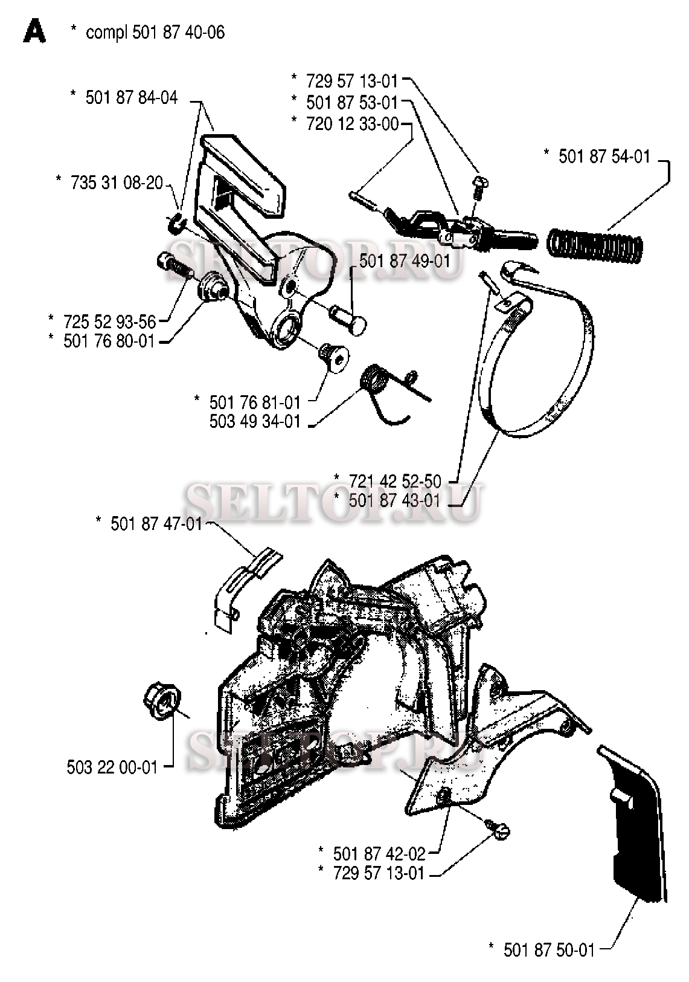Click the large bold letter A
pos(34,33)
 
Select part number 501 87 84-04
pos(132,97)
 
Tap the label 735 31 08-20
pos(117,183)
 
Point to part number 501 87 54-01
pos(604,157)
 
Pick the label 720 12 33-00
pos(353,124)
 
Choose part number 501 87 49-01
pos(405,261)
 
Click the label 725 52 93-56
pos(109,321)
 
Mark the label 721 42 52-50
pos(395,481)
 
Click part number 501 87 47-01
pos(156,523)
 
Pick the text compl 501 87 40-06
pos(156,33)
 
